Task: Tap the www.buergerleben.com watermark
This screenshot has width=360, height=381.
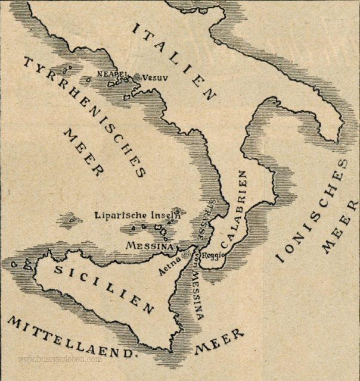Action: (x=60, y=360)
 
